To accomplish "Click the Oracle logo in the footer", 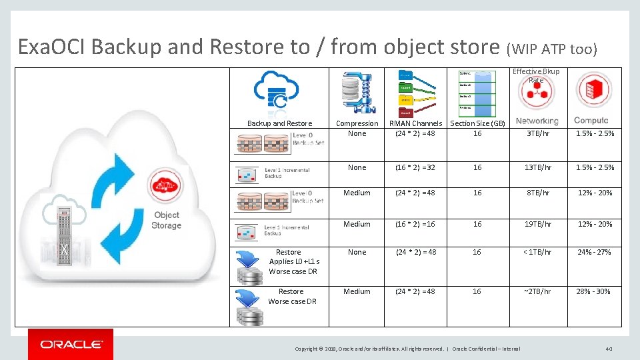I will tap(71, 344).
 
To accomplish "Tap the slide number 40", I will tap(608, 348).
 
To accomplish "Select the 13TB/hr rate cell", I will tap(537, 167).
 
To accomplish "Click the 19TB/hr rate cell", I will tap(537, 224).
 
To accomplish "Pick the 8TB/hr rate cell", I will tap(537, 193).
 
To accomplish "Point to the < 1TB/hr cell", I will tap(537, 252).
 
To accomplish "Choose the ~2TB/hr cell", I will tap(537, 291).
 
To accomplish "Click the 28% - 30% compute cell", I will tap(593, 291).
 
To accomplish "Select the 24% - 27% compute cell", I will tap(593, 252).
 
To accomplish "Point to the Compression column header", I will tap(357, 123).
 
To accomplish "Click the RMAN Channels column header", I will tap(415, 123).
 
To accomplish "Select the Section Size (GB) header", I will tap(477, 123).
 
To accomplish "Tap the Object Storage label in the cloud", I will tap(166, 220).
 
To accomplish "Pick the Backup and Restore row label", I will tap(279, 123).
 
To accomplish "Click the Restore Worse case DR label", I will tap(291, 296).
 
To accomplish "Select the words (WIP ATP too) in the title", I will tap(553, 49).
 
